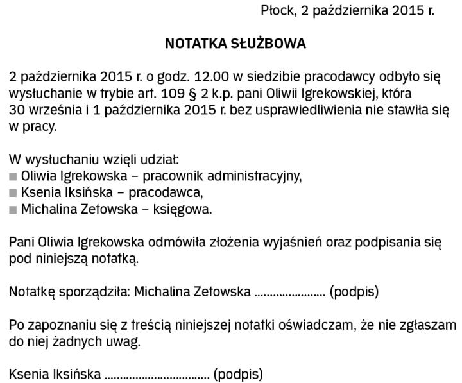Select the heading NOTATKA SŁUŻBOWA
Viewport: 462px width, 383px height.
(235, 44)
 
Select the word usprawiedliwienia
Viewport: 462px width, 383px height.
(311, 110)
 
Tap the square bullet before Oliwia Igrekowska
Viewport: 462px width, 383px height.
(13, 176)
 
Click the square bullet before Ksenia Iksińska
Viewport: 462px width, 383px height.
(13, 192)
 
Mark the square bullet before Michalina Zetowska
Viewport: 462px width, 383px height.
(13, 209)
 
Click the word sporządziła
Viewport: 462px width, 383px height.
(94, 293)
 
